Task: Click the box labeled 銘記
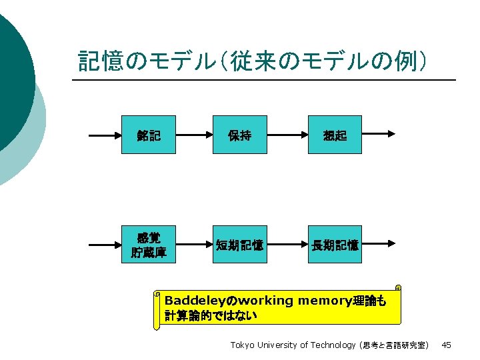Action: [149, 135]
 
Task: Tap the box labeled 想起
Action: [334, 135]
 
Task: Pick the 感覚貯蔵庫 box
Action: [149, 245]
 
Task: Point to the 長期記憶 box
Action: [334, 245]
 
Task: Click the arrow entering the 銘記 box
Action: [105, 135]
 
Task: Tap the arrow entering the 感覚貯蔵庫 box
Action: [105, 245]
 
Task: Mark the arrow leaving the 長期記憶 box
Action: [378, 243]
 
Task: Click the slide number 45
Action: [447, 345]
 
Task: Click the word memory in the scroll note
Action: [323, 300]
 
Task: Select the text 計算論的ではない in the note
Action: [211, 314]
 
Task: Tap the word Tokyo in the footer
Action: [242, 345]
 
